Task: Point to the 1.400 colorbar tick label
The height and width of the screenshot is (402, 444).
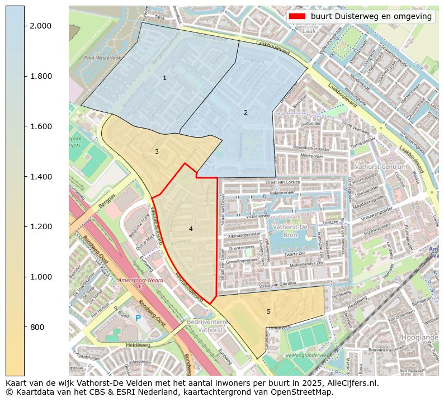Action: [40, 177]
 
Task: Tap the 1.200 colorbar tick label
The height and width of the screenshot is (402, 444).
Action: [40, 227]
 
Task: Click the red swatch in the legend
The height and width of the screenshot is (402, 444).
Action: [297, 17]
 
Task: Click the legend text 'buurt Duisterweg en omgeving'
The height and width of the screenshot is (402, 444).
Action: [371, 17]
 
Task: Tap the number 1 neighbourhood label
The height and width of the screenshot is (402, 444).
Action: [164, 78]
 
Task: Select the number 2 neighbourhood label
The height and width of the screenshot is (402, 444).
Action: [245, 112]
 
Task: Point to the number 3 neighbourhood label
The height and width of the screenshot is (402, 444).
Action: [157, 152]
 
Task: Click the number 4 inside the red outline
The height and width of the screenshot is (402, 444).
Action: [191, 229]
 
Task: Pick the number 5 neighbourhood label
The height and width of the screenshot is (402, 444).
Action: [268, 311]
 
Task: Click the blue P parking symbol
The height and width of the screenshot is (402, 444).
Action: [138, 318]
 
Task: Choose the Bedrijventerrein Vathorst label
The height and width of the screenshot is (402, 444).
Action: [205, 326]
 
